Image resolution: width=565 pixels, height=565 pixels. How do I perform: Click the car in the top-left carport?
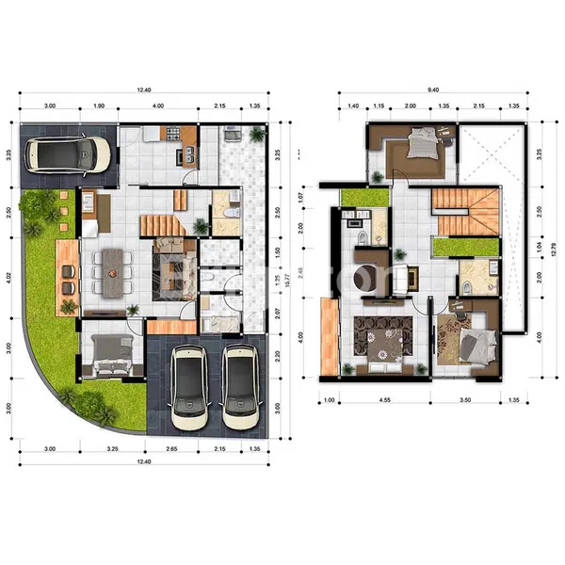(68, 153)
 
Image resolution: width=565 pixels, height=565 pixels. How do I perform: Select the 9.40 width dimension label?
(432, 90)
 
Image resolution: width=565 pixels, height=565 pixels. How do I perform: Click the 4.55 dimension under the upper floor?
(387, 400)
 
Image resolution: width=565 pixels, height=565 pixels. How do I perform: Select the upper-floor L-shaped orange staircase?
(468, 211)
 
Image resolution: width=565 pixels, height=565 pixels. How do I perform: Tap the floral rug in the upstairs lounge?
(382, 336)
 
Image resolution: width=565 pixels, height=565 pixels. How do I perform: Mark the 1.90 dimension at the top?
(98, 105)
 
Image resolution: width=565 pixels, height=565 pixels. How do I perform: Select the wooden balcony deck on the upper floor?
(328, 335)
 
